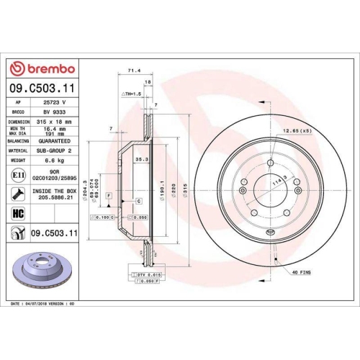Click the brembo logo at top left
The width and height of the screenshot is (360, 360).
click(x=41, y=68)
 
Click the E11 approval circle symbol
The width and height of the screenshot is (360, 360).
click(x=17, y=175)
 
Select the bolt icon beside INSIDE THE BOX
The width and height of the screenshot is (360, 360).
click(x=17, y=194)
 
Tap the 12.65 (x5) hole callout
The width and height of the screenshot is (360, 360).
click(x=297, y=131)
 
